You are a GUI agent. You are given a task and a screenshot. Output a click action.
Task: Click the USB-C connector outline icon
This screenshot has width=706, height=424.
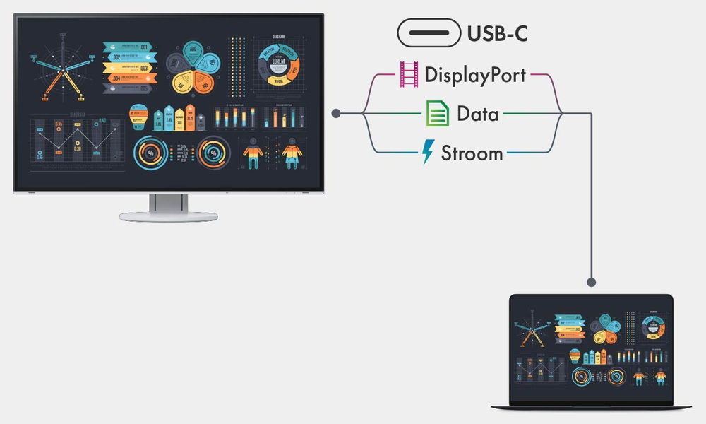pos(428,33)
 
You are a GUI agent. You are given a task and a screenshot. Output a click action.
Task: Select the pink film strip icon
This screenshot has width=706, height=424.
pos(409,74)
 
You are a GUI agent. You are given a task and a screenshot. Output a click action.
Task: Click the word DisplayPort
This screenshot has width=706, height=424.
pos(475,75)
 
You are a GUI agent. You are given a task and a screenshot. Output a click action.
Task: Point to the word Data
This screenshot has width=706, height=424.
pos(478,114)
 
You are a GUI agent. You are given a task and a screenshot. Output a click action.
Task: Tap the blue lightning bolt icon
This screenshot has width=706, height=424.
pos(428,152)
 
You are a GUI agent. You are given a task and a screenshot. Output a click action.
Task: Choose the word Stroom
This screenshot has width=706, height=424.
pos(472,153)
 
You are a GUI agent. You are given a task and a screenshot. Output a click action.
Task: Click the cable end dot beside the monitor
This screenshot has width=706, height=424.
pos(336,113)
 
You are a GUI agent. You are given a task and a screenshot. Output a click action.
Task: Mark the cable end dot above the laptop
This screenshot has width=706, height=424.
pos(592,282)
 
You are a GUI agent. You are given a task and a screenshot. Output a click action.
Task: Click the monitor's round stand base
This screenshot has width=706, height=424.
pos(168,216)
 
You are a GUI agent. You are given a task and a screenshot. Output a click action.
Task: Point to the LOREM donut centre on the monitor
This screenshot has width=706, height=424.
pos(277,61)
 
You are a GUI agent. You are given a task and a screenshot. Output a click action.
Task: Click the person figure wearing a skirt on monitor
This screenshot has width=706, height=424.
pos(290,153)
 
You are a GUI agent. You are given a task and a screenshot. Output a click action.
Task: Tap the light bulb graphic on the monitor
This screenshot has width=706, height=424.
pos(138,115)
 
